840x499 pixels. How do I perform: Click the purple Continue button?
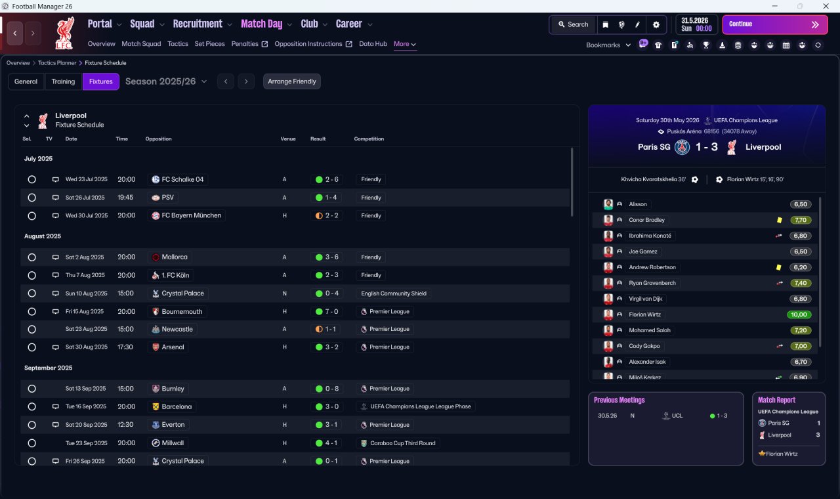pyautogui.click(x=775, y=24)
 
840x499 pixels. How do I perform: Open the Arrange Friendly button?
pyautogui.click(x=292, y=81)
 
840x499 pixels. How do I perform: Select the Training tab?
pyautogui.click(x=63, y=81)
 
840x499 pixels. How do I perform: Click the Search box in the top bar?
pyautogui.click(x=574, y=24)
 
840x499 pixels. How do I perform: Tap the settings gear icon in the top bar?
pyautogui.click(x=656, y=25)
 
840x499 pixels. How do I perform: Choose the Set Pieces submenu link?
pyautogui.click(x=209, y=44)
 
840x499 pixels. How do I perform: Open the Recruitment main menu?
pyautogui.click(x=198, y=24)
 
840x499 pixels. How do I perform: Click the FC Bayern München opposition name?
pyautogui.click(x=191, y=215)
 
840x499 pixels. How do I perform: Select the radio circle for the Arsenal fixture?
pyautogui.click(x=32, y=347)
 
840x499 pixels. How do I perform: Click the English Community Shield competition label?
pyautogui.click(x=394, y=293)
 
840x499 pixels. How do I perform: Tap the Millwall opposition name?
pyautogui.click(x=173, y=443)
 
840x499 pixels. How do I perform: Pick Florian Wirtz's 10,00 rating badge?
pyautogui.click(x=799, y=315)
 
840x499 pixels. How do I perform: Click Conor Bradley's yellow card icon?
pyautogui.click(x=779, y=220)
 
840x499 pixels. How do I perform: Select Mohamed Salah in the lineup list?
pyautogui.click(x=650, y=330)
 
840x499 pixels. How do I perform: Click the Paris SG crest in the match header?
pyautogui.click(x=682, y=147)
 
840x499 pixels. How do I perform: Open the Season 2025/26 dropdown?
pyautogui.click(x=166, y=81)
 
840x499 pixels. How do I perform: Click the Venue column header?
pyautogui.click(x=288, y=139)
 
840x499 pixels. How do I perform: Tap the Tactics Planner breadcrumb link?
pyautogui.click(x=57, y=63)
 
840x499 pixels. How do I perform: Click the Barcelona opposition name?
pyautogui.click(x=177, y=406)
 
